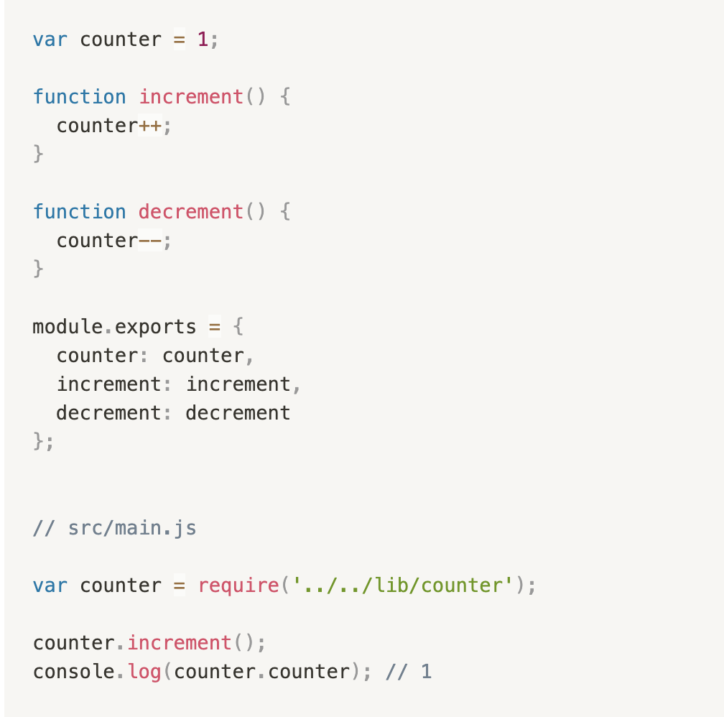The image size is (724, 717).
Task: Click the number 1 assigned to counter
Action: [x=203, y=40]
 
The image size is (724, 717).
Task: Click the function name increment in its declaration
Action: [x=191, y=97]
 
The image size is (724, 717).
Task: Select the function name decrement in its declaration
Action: [x=191, y=212]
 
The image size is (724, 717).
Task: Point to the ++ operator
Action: [x=150, y=126]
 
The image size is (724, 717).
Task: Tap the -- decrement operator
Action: [x=150, y=241]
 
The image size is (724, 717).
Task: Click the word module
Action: [x=63, y=327]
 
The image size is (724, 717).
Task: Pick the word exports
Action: [x=155, y=327]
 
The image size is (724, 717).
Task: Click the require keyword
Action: [x=238, y=586]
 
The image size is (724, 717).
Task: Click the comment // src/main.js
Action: [x=114, y=529]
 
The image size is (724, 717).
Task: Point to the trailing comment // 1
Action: [x=409, y=672]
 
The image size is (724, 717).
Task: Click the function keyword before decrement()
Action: [x=79, y=212]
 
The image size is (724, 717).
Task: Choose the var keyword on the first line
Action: [x=50, y=40]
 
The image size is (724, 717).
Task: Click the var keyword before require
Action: [x=50, y=586]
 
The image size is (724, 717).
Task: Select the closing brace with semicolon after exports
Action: [x=42, y=442]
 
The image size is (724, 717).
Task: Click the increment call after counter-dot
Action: [x=180, y=643]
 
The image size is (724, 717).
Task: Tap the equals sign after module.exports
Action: [x=215, y=327]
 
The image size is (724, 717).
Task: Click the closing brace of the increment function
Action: [x=38, y=154]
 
